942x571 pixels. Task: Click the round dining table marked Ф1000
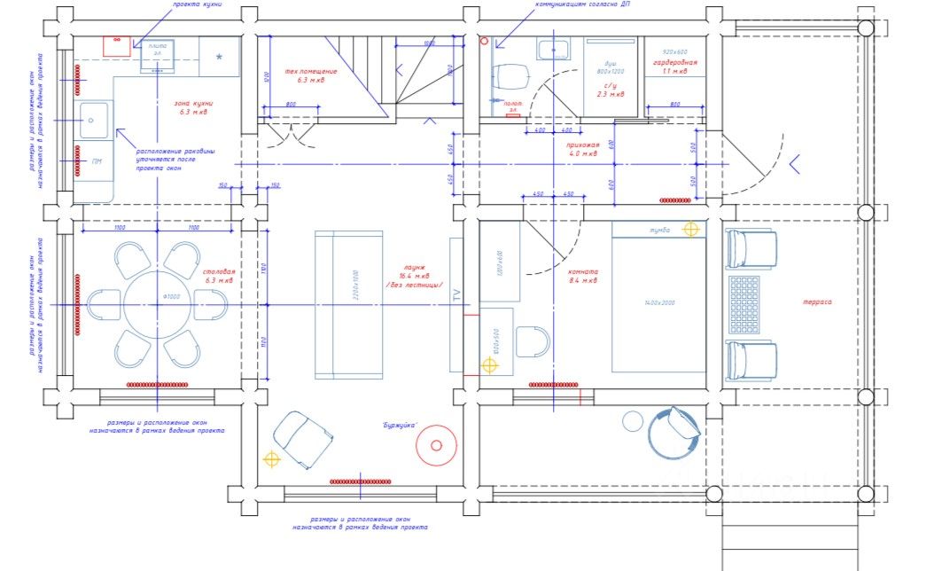[x=157, y=304]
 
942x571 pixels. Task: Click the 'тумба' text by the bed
[x=659, y=231]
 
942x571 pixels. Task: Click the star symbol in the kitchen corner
[x=219, y=57]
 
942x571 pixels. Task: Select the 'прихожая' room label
[x=583, y=144]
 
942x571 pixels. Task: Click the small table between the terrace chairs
[x=743, y=304]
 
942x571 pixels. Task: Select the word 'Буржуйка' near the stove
[x=400, y=424]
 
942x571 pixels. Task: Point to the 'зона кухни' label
[x=193, y=104]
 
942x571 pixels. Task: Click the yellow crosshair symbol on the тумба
[x=691, y=230]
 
